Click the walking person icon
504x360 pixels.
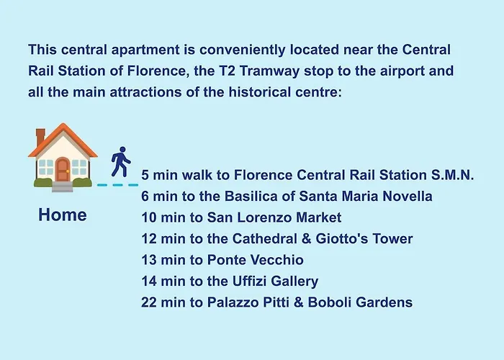[x=121, y=162]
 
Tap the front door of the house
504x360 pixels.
[x=63, y=171]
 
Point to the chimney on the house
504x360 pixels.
[x=40, y=137]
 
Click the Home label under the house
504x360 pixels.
[x=63, y=215]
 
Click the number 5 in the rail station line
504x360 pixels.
[x=145, y=176]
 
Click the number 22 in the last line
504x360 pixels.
[x=149, y=302]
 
